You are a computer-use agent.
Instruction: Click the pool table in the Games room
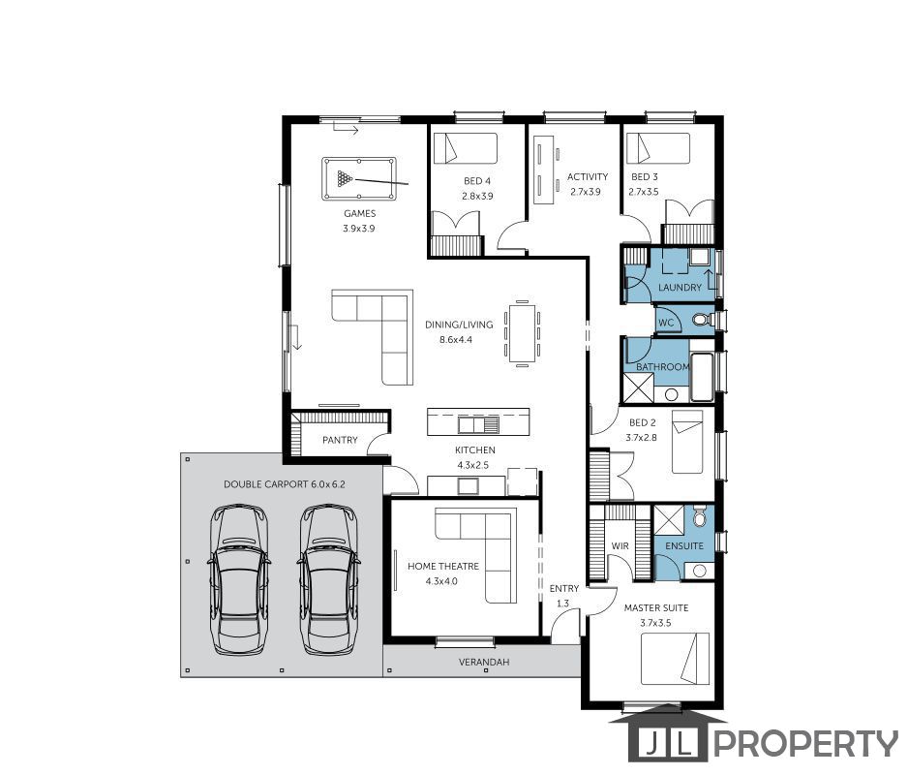(x=359, y=178)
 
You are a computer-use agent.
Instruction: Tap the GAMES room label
(x=359, y=214)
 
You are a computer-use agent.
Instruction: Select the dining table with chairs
(x=523, y=334)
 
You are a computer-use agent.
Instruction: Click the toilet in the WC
(x=702, y=320)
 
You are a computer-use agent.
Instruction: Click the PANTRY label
(x=340, y=441)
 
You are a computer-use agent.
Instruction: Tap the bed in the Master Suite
(x=676, y=659)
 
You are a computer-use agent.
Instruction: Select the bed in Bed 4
(x=466, y=148)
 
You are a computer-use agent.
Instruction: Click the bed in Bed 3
(x=658, y=148)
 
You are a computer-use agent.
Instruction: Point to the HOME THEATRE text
(x=443, y=567)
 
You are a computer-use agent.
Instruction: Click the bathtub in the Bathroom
(x=703, y=377)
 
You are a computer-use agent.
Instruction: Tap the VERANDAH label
(x=484, y=662)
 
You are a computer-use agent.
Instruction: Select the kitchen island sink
(x=478, y=425)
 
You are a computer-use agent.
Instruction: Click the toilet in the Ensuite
(x=700, y=516)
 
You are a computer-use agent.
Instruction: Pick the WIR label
(x=620, y=546)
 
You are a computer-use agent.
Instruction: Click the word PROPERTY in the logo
(x=805, y=744)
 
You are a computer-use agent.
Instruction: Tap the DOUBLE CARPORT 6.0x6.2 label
(x=285, y=484)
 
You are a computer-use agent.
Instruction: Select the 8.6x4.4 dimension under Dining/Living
(x=456, y=340)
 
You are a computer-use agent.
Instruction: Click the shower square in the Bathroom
(x=639, y=387)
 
